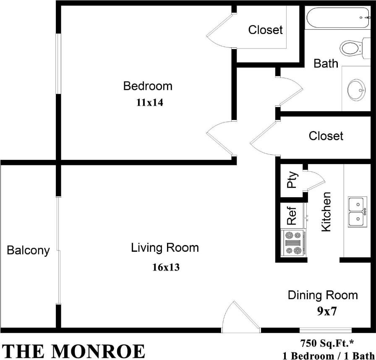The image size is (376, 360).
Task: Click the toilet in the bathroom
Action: click(352, 48)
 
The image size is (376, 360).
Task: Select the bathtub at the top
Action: click(338, 18)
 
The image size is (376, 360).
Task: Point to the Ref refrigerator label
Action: click(292, 215)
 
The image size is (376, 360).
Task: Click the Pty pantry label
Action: click(292, 180)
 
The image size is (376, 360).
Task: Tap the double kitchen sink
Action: click(357, 211)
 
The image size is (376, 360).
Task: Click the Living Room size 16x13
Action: click(166, 267)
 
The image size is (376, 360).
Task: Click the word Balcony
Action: click(28, 251)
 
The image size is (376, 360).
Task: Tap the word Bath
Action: click(326, 63)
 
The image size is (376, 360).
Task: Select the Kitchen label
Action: click(326, 211)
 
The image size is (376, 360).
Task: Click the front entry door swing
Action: click(239, 318)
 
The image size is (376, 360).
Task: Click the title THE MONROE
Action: click(73, 351)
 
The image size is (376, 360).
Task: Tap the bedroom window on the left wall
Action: click(59, 63)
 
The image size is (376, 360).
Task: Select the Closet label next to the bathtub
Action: click(265, 30)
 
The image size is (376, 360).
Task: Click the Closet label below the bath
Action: click(326, 136)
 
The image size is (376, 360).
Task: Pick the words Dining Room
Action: click(322, 295)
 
